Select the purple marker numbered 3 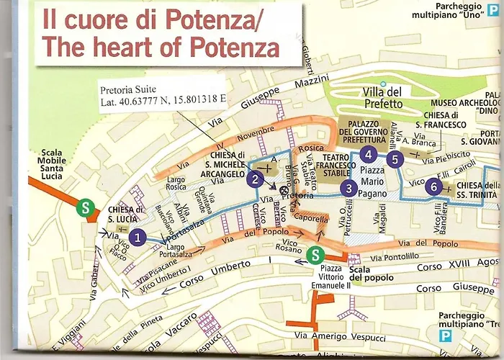(348, 189)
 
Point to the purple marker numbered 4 (368, 153)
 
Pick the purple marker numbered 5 (393, 159)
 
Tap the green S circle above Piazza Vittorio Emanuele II (315, 254)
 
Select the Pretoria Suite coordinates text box (162, 99)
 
